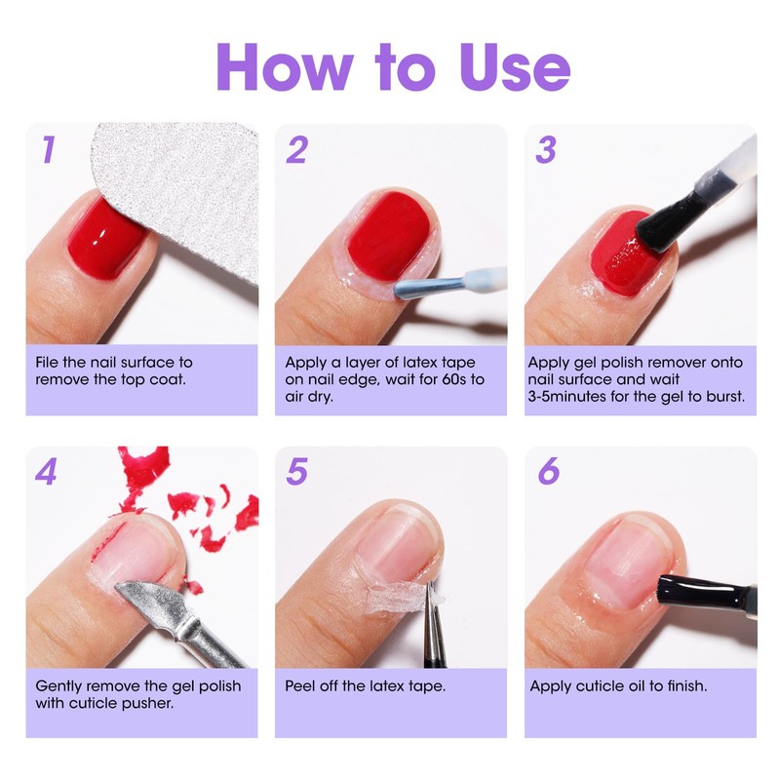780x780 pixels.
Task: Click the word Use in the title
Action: [x=515, y=66]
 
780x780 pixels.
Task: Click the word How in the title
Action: [x=285, y=66]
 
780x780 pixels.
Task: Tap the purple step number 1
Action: [x=48, y=149]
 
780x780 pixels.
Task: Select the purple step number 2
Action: [x=297, y=150]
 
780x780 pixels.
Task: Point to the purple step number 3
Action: [x=546, y=150]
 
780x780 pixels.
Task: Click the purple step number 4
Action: [x=46, y=472]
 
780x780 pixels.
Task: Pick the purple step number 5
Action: [x=297, y=472]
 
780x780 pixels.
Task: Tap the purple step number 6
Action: [x=549, y=471]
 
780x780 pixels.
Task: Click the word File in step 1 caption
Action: [x=47, y=362]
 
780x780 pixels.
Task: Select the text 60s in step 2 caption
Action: [x=453, y=379]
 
